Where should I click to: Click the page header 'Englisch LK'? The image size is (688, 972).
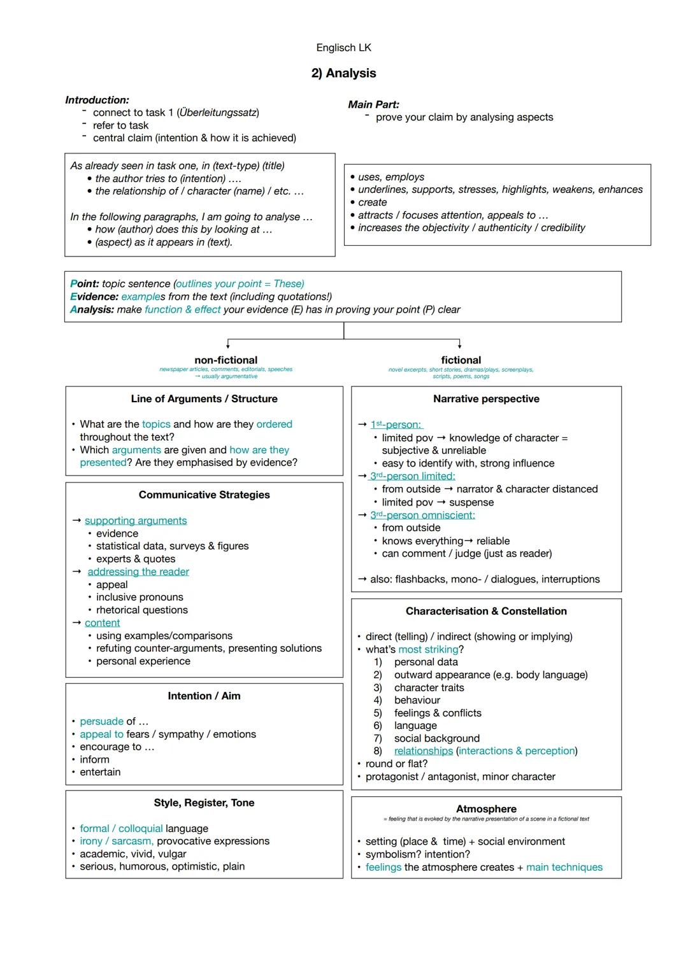coord(343,48)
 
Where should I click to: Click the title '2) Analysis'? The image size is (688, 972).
coord(343,73)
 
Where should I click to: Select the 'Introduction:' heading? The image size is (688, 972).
coord(97,100)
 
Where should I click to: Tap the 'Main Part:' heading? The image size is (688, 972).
coord(373,104)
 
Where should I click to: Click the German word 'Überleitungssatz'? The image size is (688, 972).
coord(217,113)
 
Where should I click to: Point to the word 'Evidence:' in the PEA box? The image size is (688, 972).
coord(94,297)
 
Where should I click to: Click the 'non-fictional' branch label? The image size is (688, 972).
coord(226,360)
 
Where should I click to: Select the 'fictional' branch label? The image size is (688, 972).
coord(461,360)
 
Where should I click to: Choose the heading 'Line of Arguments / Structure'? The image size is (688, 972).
coord(204,399)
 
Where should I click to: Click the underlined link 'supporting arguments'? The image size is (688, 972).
coord(136,521)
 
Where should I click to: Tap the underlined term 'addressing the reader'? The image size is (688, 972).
coord(138,572)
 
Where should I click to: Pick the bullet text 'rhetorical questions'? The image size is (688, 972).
coord(142,610)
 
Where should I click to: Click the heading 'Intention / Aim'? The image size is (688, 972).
coord(204,696)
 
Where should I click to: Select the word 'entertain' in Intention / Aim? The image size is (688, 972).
coord(100,772)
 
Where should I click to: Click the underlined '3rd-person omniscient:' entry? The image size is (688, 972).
coord(422,515)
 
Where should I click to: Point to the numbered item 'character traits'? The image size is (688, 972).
coord(429,687)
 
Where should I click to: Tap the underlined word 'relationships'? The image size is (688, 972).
coord(423,751)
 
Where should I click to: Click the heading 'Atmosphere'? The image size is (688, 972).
coord(486,809)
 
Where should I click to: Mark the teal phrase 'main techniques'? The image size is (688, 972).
coord(564,867)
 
